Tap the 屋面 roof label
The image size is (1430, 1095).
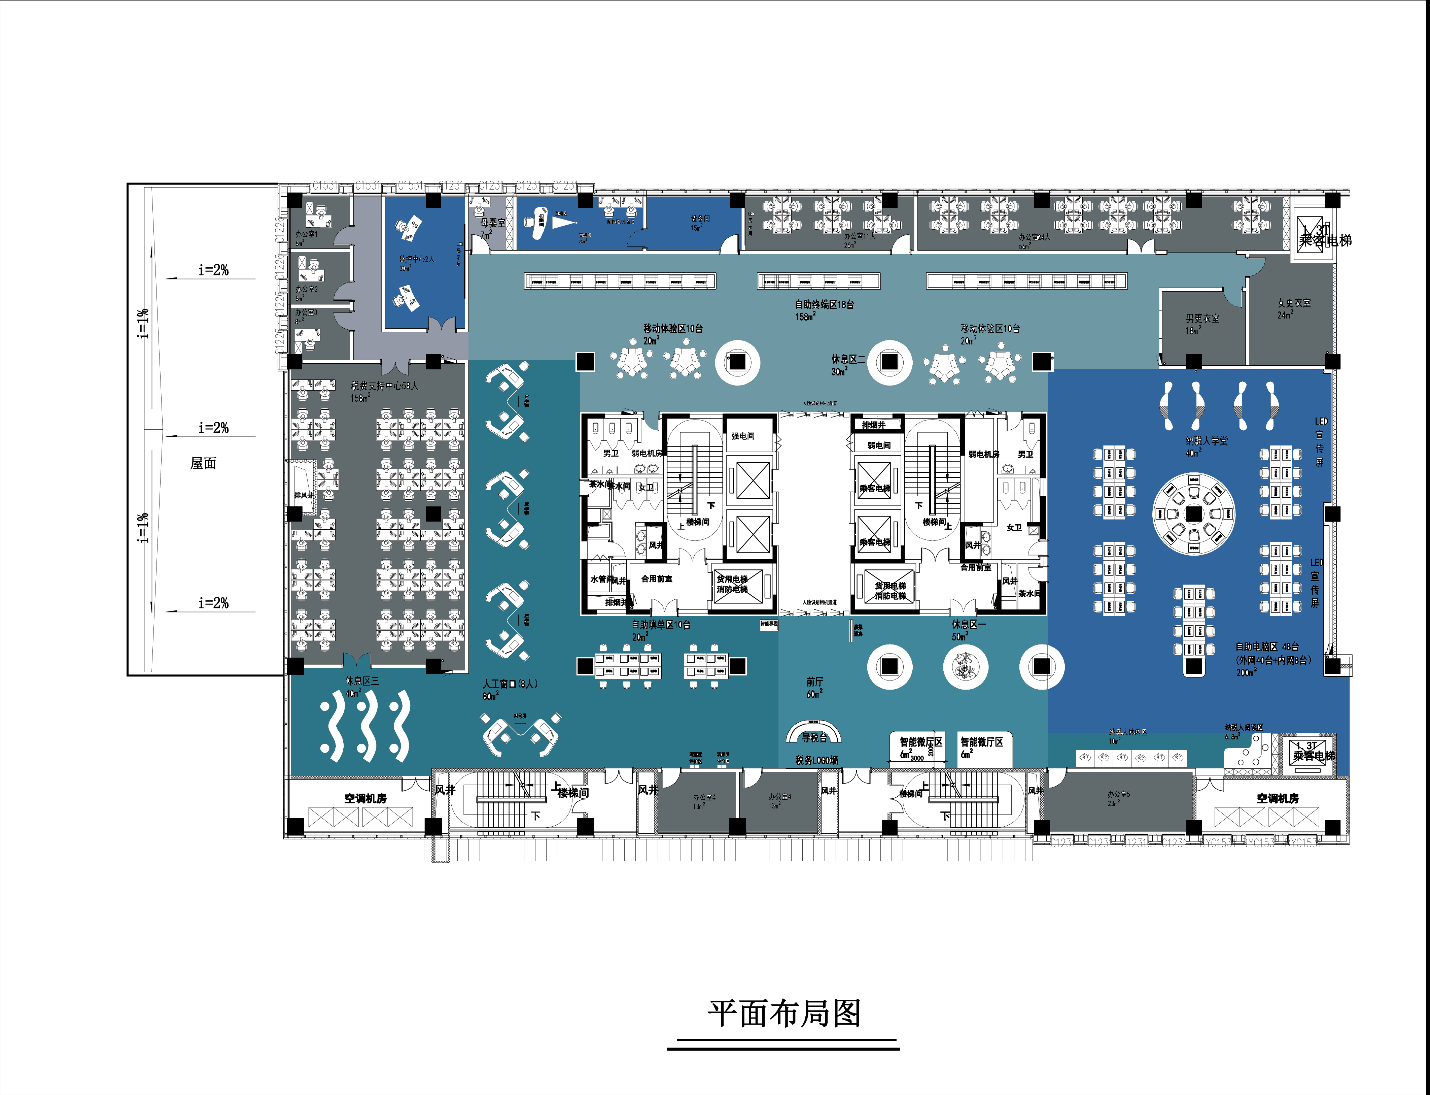tap(203, 463)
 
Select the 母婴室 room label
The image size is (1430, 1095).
tap(492, 223)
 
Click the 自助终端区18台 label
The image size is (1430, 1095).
tap(824, 304)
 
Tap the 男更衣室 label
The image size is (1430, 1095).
tap(1202, 319)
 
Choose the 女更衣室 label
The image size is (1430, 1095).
tap(1294, 303)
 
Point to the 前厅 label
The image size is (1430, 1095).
tap(814, 682)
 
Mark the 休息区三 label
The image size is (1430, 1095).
tap(361, 681)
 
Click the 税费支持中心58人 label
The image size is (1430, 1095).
tap(384, 386)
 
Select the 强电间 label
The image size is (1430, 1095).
tap(743, 436)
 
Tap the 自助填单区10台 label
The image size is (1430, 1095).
tap(661, 624)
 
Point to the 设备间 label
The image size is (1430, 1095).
tap(700, 219)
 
